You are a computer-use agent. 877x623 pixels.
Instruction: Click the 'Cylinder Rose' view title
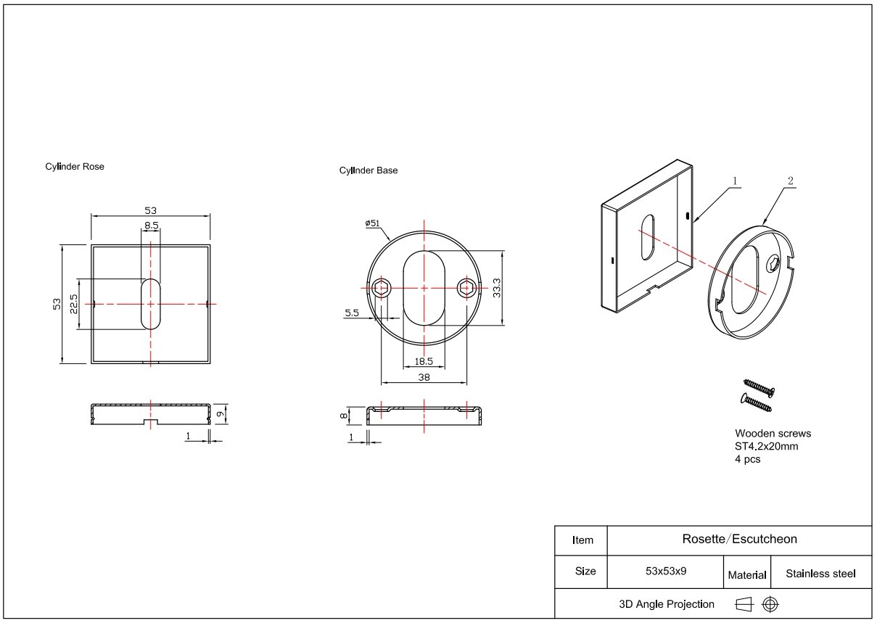[x=75, y=167]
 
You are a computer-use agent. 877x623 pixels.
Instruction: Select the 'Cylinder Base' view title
[x=368, y=170]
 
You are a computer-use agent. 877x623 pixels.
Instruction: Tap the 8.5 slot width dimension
[x=152, y=226]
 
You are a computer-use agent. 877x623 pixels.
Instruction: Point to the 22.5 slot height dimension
[x=73, y=304]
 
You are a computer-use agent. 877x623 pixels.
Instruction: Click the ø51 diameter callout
[x=372, y=223]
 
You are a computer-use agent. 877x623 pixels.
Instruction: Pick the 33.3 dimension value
[x=496, y=288]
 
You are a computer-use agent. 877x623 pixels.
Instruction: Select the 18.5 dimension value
[x=424, y=362]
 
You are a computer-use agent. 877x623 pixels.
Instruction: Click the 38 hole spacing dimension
[x=424, y=377]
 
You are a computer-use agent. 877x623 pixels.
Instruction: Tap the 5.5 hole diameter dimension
[x=352, y=313]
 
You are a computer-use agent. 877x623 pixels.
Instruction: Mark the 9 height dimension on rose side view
[x=221, y=414]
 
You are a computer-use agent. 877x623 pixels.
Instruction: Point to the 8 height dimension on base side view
[x=343, y=416]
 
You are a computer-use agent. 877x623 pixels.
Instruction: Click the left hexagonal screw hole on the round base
[x=381, y=289]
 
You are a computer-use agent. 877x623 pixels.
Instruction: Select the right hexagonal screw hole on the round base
[x=466, y=289]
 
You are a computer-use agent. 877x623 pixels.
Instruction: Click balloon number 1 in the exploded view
[x=735, y=181]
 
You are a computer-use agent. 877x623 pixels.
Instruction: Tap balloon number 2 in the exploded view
[x=791, y=181]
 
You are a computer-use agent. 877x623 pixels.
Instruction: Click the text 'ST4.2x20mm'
[x=766, y=447]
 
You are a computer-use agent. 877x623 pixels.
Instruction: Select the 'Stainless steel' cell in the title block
[x=820, y=574]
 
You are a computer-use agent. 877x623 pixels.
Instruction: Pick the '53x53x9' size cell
[x=666, y=572]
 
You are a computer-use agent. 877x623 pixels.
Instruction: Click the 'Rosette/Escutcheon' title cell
[x=740, y=540]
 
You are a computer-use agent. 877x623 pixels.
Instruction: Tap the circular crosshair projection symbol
[x=770, y=604]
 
